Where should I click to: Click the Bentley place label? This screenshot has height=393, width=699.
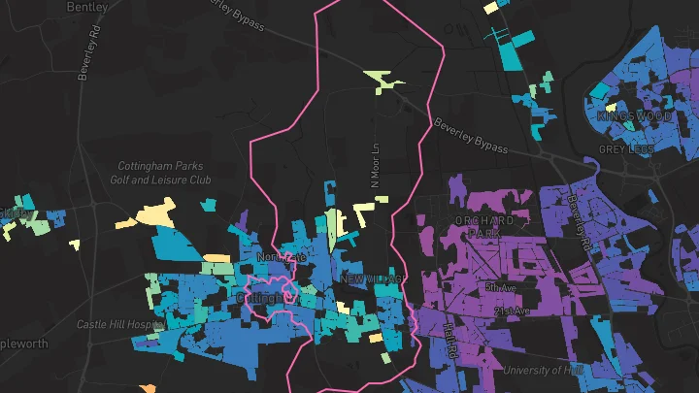pyautogui.click(x=88, y=7)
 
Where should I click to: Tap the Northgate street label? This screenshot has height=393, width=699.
pyautogui.click(x=281, y=257)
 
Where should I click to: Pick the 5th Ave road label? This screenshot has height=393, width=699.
pyautogui.click(x=501, y=287)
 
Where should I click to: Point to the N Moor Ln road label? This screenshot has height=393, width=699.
pyautogui.click(x=376, y=166)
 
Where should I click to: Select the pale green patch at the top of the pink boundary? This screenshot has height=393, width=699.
pyautogui.click(x=385, y=82)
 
